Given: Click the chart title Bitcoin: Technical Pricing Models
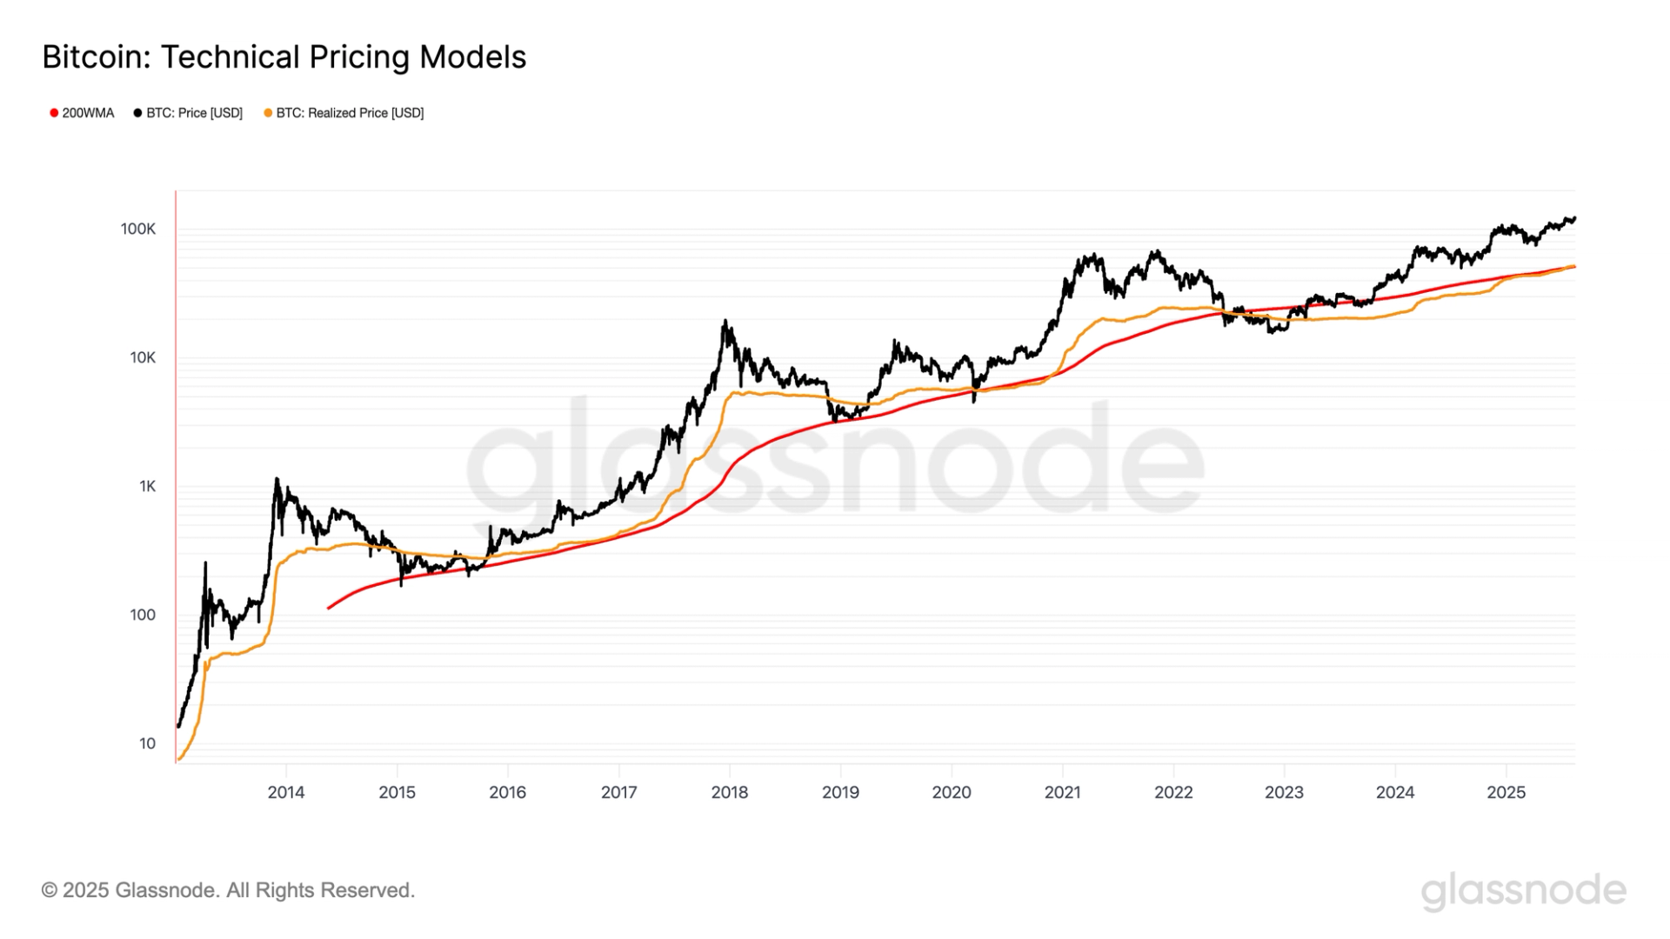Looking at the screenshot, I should pos(284,57).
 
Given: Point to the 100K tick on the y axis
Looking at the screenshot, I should pos(138,229).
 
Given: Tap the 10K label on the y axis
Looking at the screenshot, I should pos(143,357).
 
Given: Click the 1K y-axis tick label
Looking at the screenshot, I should pos(147,486).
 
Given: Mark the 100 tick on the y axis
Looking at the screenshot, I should pos(143,615).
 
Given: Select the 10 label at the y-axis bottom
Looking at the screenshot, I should pos(147,743).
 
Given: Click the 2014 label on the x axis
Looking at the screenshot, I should pos(286,792).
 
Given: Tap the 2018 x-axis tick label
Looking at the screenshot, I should pos(730,792).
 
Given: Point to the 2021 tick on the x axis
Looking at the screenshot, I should pos(1062,792).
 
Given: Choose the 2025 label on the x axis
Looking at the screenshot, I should pos(1506,792).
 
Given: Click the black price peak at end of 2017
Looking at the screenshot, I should pos(725,322).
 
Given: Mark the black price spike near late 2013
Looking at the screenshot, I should pos(277,479).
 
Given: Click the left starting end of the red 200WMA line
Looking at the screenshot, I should pos(329,608).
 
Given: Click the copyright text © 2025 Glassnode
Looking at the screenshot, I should pos(228,890).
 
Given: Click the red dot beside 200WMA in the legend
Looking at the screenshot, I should pos(54,113).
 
